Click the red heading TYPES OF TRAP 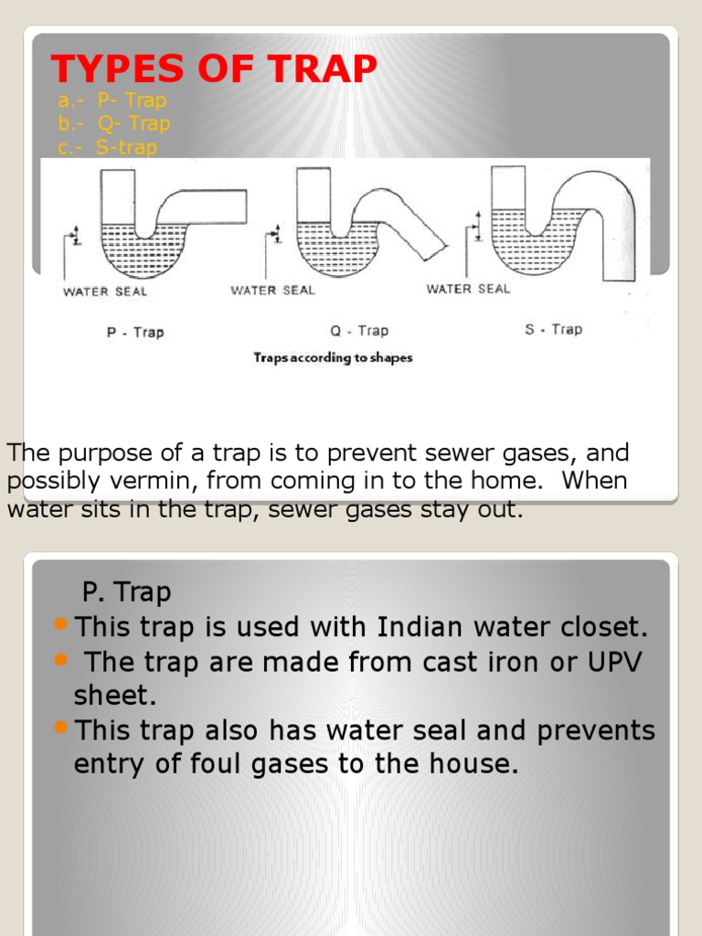(x=213, y=69)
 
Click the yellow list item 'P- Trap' (x=112, y=101)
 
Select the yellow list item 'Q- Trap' (x=114, y=123)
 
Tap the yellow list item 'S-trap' (x=108, y=147)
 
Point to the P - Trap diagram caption (x=135, y=332)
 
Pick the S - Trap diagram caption (x=553, y=329)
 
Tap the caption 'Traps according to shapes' (x=333, y=357)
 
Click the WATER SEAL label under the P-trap (x=104, y=292)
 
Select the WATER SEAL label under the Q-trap (x=272, y=290)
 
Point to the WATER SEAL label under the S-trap (x=468, y=289)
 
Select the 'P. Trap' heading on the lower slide (x=126, y=592)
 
